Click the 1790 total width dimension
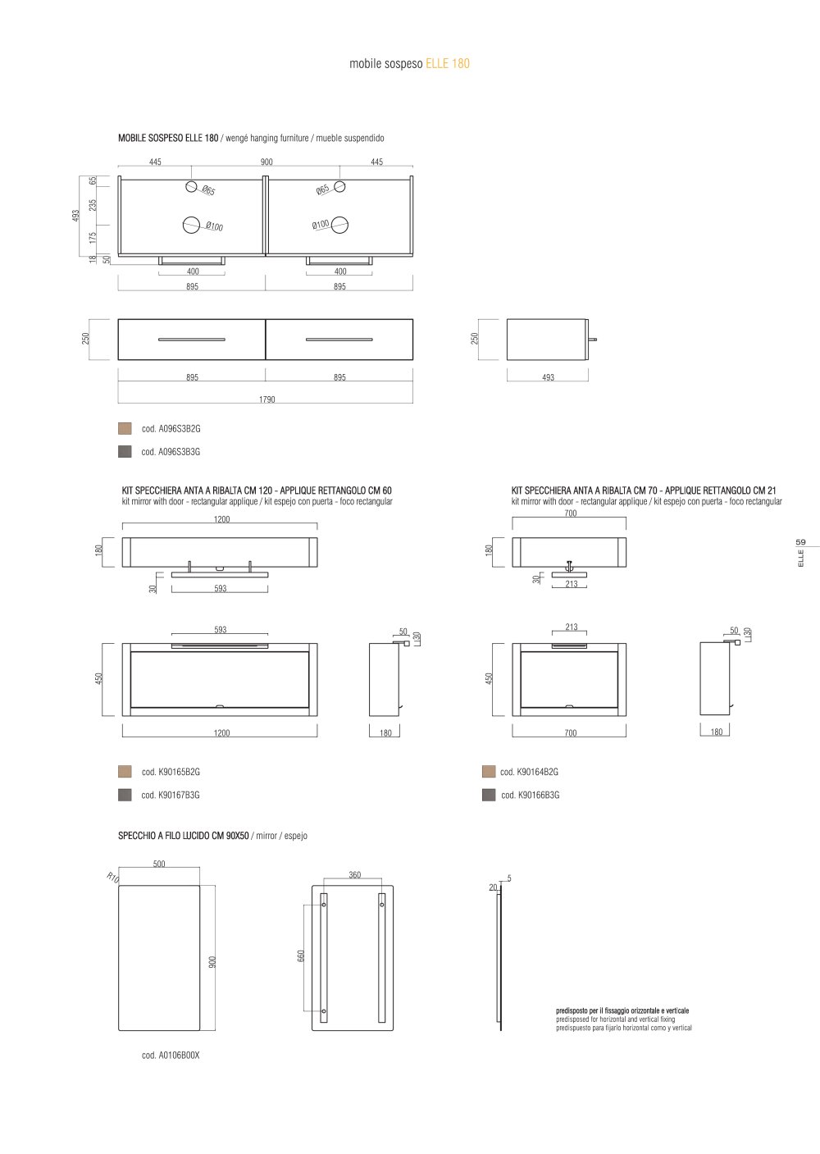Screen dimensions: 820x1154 coord(266,399)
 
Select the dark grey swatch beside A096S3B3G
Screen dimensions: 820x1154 coord(125,451)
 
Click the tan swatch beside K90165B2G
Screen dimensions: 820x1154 coord(125,771)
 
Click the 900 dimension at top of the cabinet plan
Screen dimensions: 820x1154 coord(266,162)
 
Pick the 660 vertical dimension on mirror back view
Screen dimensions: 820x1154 coord(301,956)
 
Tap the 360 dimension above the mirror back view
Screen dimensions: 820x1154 coord(354,875)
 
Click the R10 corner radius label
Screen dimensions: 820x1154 coord(113,877)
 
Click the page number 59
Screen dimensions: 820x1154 coord(800,542)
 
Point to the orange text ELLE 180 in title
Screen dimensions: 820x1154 coord(448,63)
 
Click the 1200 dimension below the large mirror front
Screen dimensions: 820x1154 coord(221,732)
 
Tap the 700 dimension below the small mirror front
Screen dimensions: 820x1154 coord(570,732)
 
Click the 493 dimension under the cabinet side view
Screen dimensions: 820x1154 coord(548,377)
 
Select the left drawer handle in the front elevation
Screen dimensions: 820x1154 coord(192,340)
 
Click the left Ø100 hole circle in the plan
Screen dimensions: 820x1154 coord(191,225)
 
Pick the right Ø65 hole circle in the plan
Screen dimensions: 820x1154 coord(339,186)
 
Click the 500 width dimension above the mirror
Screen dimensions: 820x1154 coord(159,864)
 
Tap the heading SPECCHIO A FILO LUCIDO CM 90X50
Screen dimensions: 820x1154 coord(184,836)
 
